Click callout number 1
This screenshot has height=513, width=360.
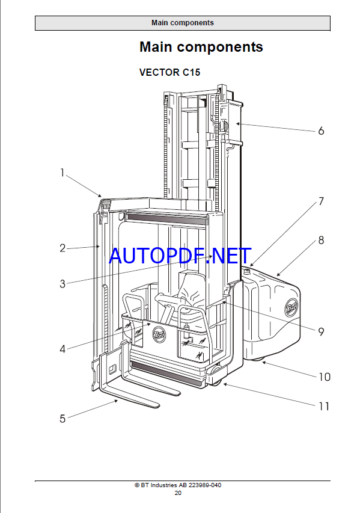[63, 173]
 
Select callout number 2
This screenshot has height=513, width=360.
[63, 248]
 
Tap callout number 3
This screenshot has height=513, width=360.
[63, 284]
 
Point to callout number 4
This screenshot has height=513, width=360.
[63, 349]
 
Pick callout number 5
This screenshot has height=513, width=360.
[63, 419]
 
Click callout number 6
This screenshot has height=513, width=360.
[321, 131]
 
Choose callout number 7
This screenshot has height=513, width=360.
[321, 201]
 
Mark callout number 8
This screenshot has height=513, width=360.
[321, 241]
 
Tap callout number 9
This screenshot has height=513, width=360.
[321, 332]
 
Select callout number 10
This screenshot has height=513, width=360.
[325, 377]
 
